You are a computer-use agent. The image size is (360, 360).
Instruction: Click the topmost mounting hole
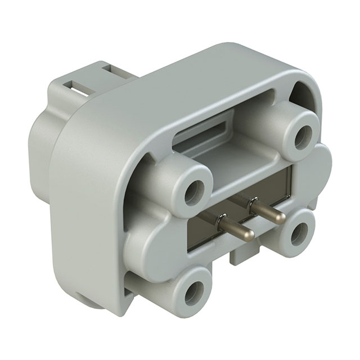pyautogui.click(x=306, y=133)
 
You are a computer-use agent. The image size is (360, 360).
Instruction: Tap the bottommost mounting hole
pyautogui.click(x=196, y=291)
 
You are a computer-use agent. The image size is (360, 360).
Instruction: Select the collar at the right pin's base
pyautogui.click(x=253, y=203)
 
